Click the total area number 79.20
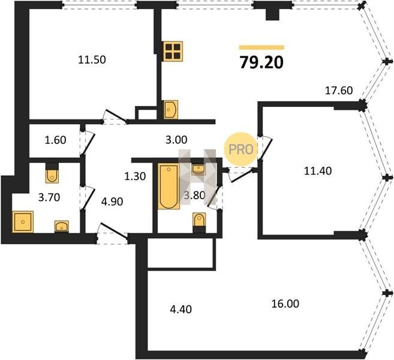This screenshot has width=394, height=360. click(x=261, y=62)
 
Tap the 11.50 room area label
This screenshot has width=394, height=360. click(x=92, y=60)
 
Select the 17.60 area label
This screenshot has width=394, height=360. click(x=339, y=91)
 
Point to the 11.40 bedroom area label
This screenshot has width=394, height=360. click(x=318, y=171)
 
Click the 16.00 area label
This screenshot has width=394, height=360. click(x=285, y=304)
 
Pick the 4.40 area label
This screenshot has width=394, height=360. click(x=181, y=309)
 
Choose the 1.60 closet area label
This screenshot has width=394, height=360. click(x=56, y=140)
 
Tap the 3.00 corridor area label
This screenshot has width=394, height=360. click(x=176, y=140)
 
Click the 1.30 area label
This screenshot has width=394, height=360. click(x=135, y=176)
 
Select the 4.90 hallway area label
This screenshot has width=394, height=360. click(x=112, y=202)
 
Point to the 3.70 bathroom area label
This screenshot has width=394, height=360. click(x=49, y=197)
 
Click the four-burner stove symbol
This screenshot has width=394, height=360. click(x=173, y=51)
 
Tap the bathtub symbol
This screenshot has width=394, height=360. click(x=169, y=186)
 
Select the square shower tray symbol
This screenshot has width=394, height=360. click(x=23, y=222)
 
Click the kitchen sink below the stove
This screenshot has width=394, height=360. click(x=171, y=110)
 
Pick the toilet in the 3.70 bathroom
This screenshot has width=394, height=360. click(x=52, y=173)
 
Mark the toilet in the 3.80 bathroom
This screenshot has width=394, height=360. click(x=199, y=222)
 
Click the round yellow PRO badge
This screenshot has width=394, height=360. click(x=240, y=149)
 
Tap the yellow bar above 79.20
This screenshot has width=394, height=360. click(x=261, y=47)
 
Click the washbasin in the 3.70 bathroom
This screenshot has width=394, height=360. click(x=62, y=226)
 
